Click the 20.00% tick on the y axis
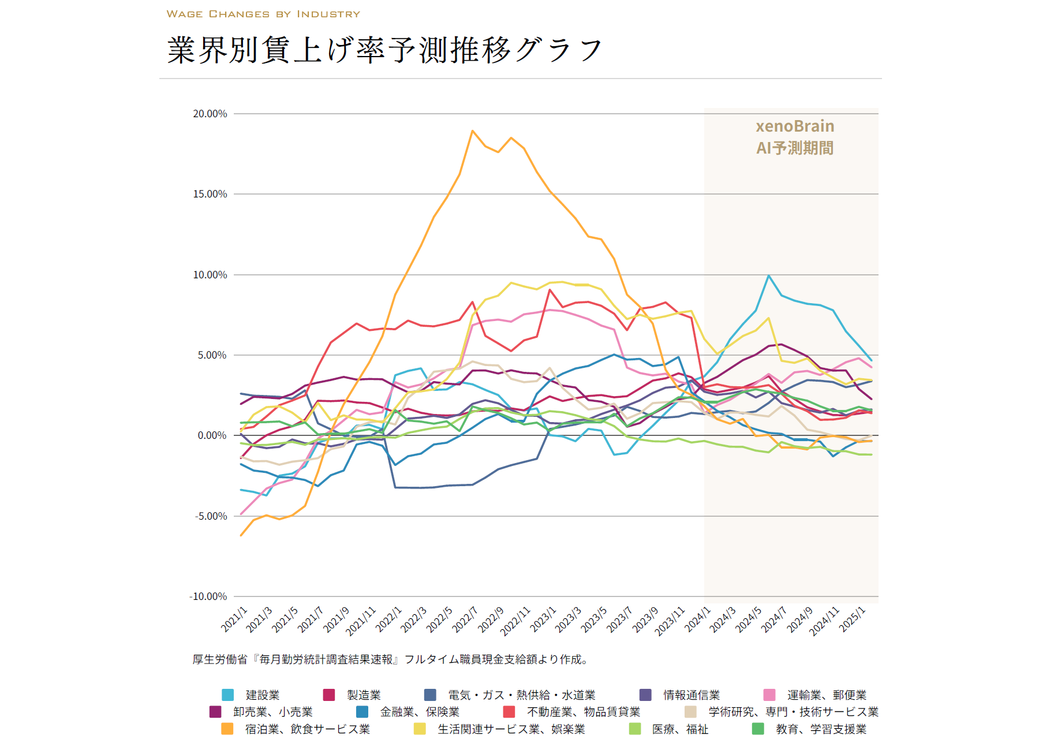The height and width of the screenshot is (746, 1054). tap(210, 114)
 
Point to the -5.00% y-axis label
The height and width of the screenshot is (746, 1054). tap(210, 516)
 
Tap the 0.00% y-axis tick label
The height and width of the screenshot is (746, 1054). tap(212, 435)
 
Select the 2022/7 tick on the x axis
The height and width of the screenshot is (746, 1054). tap(465, 620)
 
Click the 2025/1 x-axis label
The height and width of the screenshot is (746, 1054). tap(853, 620)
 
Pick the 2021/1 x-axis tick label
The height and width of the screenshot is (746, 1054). tap(234, 620)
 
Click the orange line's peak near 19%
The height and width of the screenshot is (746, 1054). tap(472, 131)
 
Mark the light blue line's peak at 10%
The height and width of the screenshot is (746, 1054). tap(768, 276)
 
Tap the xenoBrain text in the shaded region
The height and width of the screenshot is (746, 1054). tap(795, 126)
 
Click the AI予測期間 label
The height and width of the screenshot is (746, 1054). tap(795, 148)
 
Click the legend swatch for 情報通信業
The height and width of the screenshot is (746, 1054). tap(645, 695)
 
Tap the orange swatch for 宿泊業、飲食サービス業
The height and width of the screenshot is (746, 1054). tap(227, 729)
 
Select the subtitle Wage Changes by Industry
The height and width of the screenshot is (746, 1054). tap(263, 14)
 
